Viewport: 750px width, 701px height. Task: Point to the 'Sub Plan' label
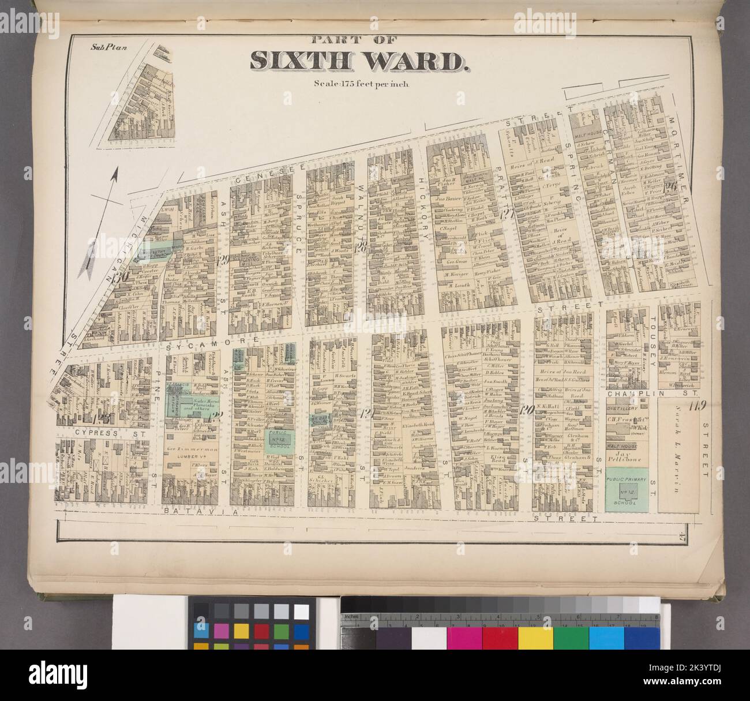coord(103,48)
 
